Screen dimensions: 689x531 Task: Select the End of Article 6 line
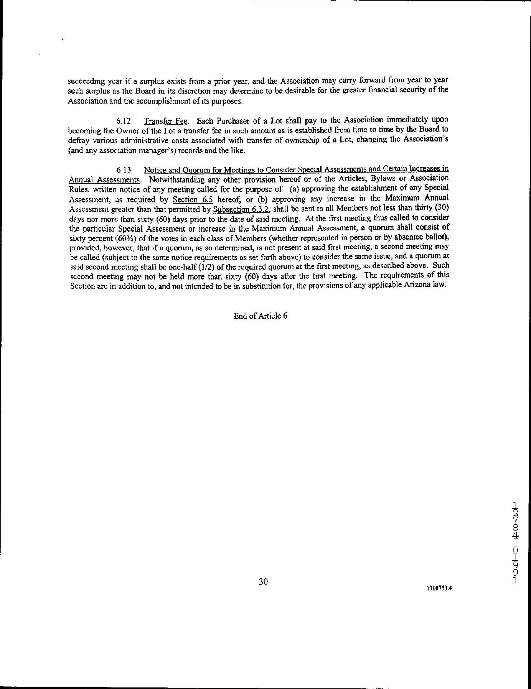pos(260,316)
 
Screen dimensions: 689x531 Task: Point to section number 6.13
pos(123,170)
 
